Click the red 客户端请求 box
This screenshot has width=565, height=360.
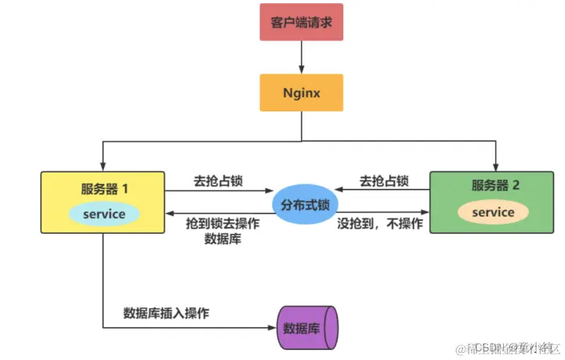[301, 23]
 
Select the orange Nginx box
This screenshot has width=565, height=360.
[302, 93]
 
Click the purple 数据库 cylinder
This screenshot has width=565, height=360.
[306, 327]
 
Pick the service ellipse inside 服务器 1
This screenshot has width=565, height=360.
[103, 214]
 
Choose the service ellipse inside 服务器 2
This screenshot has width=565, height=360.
[493, 212]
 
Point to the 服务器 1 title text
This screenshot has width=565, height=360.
[104, 189]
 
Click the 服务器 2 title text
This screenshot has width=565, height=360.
[495, 186]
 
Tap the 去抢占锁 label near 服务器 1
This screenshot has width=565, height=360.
[219, 181]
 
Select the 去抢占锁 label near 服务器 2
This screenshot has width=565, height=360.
[384, 181]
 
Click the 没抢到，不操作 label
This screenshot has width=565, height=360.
[380, 224]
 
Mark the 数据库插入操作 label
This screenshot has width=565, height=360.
[166, 313]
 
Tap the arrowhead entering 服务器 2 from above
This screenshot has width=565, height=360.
[495, 165]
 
